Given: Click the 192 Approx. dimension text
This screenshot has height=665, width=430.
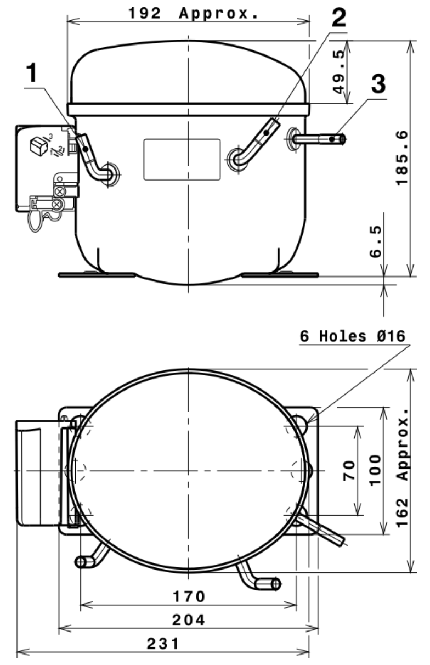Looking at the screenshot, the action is [194, 14].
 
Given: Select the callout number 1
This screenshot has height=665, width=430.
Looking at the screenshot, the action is [32, 72].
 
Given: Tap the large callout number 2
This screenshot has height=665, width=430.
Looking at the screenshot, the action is [338, 18].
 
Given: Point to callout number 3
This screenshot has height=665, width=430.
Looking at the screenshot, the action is [378, 83].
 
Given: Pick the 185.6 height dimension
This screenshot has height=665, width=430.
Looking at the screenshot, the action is [402, 158].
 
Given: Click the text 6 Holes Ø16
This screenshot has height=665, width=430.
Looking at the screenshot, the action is [352, 336].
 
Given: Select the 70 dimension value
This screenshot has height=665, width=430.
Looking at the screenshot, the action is [349, 471].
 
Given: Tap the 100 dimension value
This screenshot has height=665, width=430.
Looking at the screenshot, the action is [375, 470].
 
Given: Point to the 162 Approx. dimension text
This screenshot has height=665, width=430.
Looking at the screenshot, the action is [403, 468].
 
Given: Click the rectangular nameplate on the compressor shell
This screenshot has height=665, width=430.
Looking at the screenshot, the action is [182, 160].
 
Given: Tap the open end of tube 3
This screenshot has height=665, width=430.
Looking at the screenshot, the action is [342, 139].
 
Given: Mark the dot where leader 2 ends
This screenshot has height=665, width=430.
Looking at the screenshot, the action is [267, 133].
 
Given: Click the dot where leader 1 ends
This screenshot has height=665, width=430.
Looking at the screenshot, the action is [86, 149].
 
